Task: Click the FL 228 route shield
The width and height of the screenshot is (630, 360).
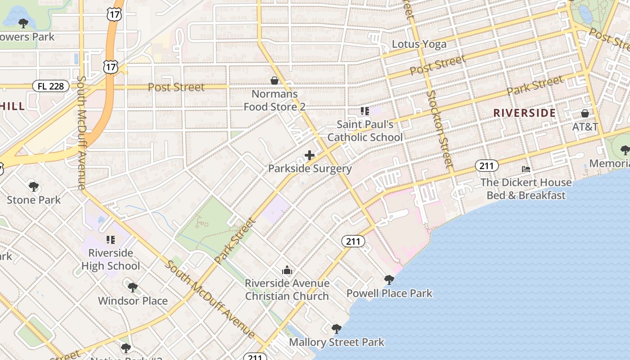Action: point(51,86)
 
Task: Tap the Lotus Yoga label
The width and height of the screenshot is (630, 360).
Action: point(419,44)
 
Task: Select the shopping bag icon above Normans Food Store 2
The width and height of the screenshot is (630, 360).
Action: point(274,81)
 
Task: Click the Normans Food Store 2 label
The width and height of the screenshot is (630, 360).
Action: point(274,100)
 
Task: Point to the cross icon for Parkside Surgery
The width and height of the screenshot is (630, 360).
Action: point(310,156)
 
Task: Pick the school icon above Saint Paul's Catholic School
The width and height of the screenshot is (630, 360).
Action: point(364,111)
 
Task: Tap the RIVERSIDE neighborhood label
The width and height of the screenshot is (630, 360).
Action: point(524,113)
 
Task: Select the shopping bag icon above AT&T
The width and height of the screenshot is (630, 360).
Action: point(585,113)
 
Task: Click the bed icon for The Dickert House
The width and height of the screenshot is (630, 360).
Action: point(526,169)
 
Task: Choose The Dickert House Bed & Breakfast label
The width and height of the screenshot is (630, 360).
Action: point(526,189)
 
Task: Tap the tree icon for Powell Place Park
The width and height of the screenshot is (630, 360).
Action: point(389,280)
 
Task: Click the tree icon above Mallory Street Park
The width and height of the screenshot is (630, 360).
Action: point(336,328)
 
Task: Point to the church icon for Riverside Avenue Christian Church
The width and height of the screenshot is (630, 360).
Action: point(287,270)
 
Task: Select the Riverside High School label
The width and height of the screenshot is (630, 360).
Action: point(111,260)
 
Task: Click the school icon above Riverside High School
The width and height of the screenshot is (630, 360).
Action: point(111,239)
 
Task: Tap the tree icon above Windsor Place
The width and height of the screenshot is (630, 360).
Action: point(132,287)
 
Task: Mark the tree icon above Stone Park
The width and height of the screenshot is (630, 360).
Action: point(33,186)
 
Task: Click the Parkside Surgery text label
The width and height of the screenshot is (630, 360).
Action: point(310,169)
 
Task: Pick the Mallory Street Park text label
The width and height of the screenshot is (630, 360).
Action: point(337,342)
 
